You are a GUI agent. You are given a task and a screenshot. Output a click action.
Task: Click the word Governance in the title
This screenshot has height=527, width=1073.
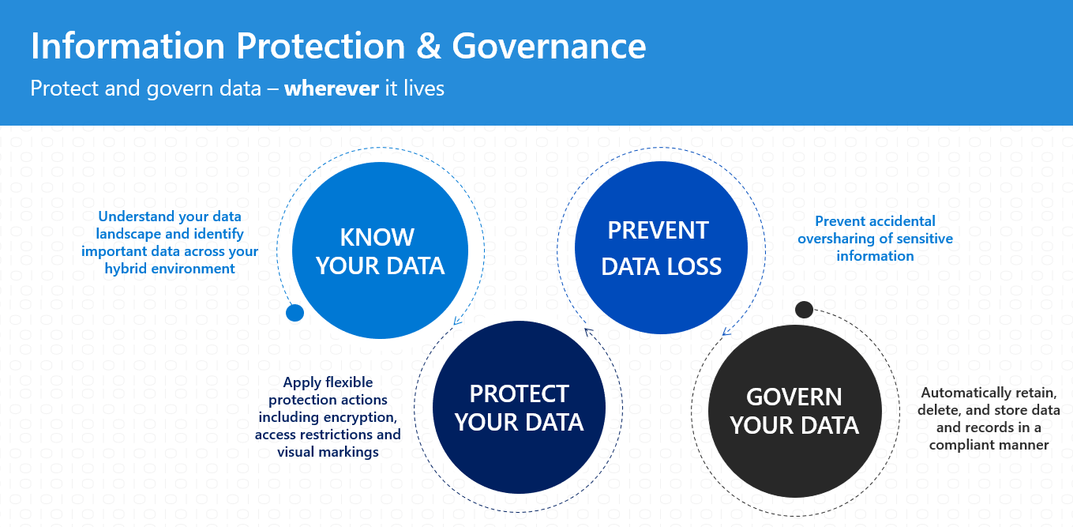point(549,47)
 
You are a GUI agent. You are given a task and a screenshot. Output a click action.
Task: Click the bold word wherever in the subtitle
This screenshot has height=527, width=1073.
point(332,88)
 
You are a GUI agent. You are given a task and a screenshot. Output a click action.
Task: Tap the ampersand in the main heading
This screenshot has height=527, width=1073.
point(427,47)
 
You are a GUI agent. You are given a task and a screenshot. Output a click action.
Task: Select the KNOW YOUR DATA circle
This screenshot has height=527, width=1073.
point(380,250)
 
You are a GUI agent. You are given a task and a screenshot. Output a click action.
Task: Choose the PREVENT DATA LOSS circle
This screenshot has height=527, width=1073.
point(661,247)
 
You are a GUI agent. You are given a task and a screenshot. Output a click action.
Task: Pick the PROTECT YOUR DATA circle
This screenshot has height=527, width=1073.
point(519,408)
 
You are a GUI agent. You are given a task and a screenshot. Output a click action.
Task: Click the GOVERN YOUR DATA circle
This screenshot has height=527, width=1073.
point(793,411)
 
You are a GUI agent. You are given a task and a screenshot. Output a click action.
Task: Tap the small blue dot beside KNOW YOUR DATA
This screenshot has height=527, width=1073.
point(295,313)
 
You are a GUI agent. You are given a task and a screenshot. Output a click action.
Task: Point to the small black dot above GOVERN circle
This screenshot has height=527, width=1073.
point(804,309)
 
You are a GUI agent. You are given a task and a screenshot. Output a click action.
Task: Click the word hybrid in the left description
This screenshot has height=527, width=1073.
point(127,269)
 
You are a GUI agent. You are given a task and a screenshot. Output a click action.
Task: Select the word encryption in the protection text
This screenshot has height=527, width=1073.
point(360,417)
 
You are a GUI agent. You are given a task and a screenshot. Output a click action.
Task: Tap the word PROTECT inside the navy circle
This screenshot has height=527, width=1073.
point(519,393)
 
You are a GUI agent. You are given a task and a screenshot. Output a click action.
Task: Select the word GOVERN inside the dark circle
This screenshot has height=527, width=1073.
point(793,397)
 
